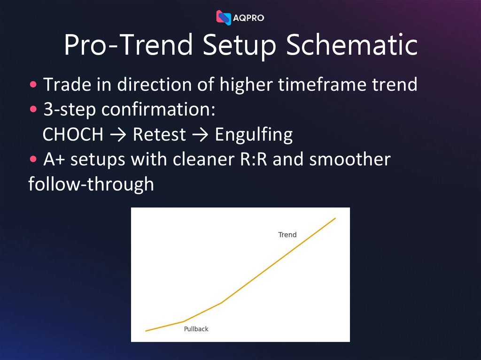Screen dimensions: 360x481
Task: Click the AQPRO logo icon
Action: pyautogui.click(x=224, y=17)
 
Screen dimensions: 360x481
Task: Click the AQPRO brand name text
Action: pyautogui.click(x=248, y=18)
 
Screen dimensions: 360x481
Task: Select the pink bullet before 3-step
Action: pyautogui.click(x=33, y=110)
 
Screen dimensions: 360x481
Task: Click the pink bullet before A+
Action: pyautogui.click(x=33, y=160)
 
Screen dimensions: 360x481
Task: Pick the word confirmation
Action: pyautogui.click(x=158, y=110)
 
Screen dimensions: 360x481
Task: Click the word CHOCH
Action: pyautogui.click(x=73, y=135)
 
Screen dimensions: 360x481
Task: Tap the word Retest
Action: pyautogui.click(x=159, y=135)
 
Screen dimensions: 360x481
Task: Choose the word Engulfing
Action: pyautogui.click(x=254, y=135)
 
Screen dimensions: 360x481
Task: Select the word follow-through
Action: pyautogui.click(x=91, y=184)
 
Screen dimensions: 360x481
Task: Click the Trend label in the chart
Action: pyautogui.click(x=287, y=235)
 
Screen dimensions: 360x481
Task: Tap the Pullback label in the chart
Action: pyautogui.click(x=196, y=329)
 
